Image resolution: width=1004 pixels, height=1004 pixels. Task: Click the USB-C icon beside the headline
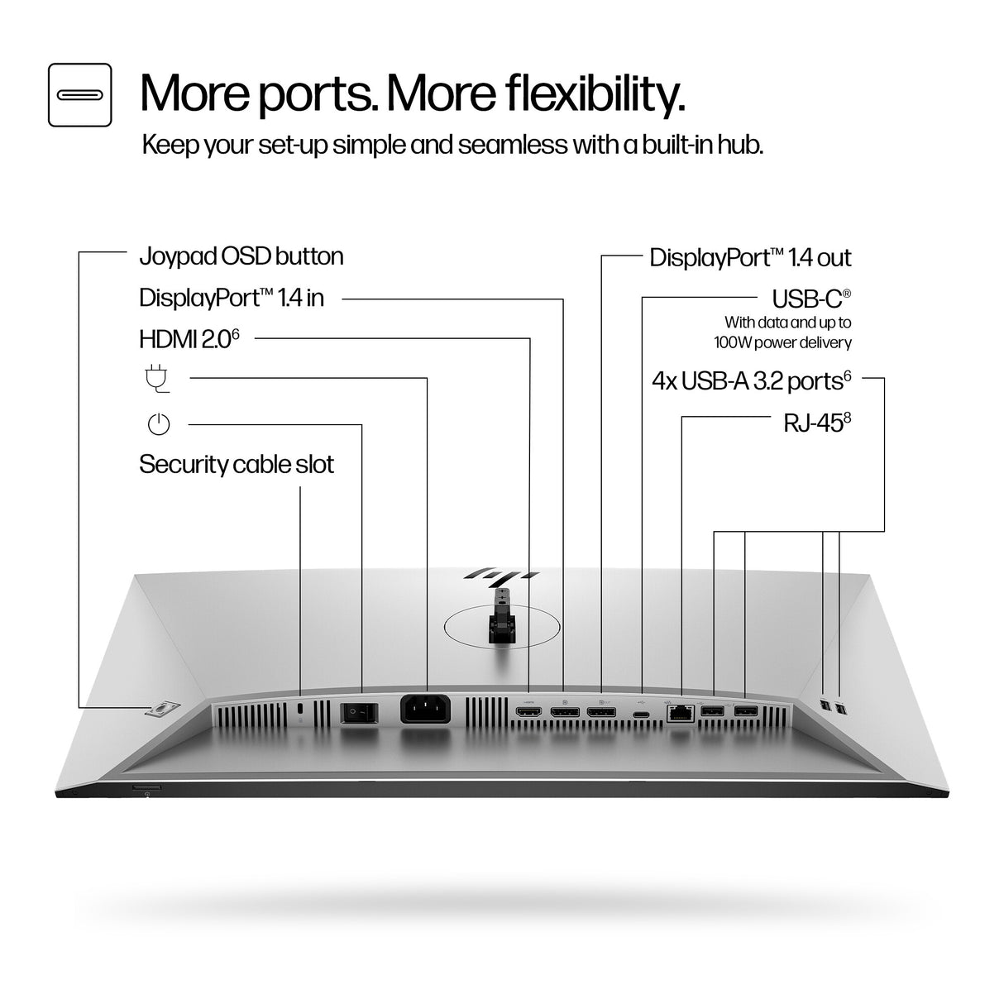79,95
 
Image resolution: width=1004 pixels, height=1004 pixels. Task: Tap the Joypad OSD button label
241,256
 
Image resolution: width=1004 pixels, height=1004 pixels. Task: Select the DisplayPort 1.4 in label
232,298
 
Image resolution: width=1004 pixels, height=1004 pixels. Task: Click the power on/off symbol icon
158,425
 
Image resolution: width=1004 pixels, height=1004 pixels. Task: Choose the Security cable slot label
237,464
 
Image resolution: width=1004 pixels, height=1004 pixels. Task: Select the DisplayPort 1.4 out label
750,257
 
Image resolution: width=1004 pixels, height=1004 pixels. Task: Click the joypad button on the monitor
163,710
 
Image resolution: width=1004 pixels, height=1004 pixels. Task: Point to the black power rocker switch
359,710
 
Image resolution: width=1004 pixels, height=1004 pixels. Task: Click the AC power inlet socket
426,710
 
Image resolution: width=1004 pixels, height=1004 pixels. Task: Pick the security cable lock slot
299,710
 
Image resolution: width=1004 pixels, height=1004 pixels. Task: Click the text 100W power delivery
782,342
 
